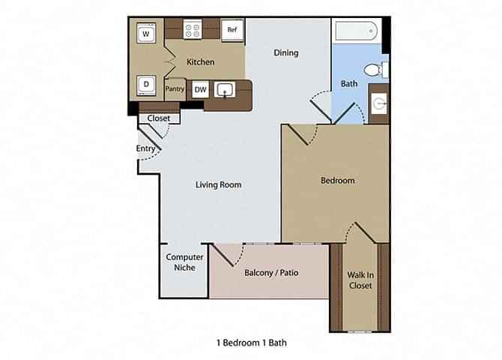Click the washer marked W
click(x=146, y=34)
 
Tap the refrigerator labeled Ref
click(x=232, y=30)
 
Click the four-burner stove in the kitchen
click(x=193, y=31)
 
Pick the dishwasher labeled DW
click(x=200, y=89)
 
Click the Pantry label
click(x=175, y=88)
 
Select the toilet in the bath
click(x=374, y=70)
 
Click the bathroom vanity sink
click(x=379, y=104)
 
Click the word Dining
click(x=285, y=52)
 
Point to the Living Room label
click(x=218, y=184)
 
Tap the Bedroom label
click(x=337, y=180)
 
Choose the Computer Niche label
click(x=184, y=262)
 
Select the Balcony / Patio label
click(x=271, y=272)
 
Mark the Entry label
click(x=146, y=148)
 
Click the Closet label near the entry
click(x=158, y=118)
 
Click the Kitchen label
click(x=200, y=62)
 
